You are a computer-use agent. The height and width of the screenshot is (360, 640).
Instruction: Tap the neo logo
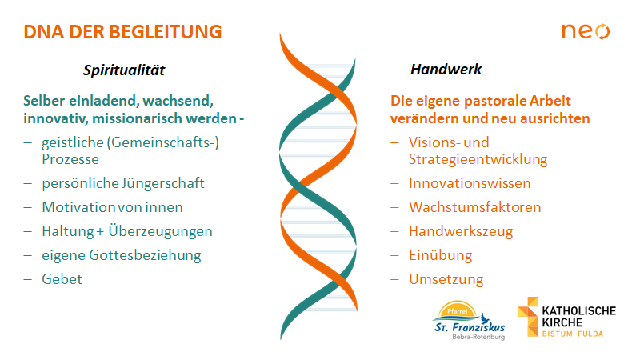coord(586,31)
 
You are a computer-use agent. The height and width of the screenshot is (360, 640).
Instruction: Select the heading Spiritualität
coord(124,70)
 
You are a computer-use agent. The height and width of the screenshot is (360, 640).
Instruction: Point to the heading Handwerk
coord(446,70)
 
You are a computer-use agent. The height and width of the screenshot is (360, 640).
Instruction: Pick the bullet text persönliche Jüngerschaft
coord(123,183)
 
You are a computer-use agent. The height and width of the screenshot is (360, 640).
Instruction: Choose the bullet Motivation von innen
coord(112,207)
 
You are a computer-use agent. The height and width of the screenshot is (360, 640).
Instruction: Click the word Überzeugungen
coord(160,231)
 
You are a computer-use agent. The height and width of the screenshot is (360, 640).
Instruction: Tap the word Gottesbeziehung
coord(145,255)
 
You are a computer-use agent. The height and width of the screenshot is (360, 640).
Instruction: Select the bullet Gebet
coord(62,279)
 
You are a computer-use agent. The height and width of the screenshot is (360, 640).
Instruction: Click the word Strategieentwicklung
coord(478,159)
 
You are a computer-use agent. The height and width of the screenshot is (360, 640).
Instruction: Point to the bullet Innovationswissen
coord(470,183)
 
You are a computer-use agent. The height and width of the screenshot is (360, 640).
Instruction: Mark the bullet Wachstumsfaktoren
coord(475,207)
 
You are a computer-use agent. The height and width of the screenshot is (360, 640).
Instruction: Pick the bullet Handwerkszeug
coord(461,231)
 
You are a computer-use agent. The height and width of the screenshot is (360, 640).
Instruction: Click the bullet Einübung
coord(441,255)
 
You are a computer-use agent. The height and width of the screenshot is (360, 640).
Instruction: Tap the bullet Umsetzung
coord(446,279)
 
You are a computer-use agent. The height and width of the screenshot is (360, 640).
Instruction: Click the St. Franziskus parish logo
coord(469,321)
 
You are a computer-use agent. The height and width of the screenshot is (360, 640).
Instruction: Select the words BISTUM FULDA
coord(573,334)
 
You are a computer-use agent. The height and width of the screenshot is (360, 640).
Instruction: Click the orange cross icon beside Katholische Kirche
coord(528,317)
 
